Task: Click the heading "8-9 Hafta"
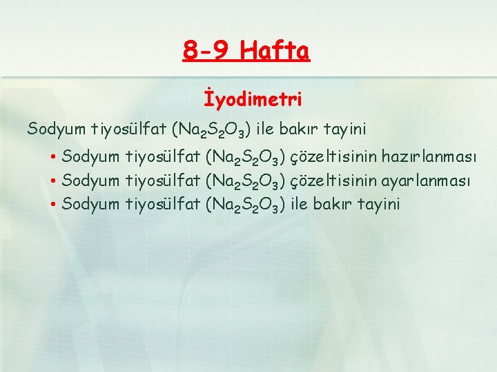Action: point(247,50)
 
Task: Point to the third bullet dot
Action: point(53,205)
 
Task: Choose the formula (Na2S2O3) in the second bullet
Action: point(246,181)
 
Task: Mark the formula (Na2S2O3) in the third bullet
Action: point(246,205)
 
